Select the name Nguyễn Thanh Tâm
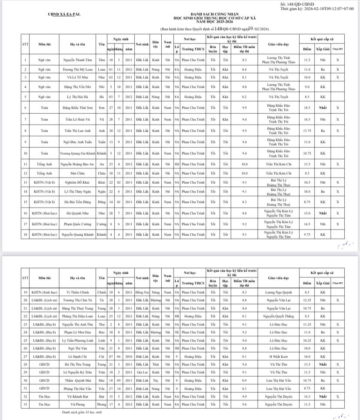point(78,60)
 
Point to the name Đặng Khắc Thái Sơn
point(78,107)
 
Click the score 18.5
point(307,107)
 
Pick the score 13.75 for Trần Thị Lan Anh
point(307,131)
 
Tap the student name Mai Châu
point(78,173)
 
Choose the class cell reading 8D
point(177,164)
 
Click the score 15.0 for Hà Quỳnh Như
point(307,213)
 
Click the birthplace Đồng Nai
point(142,292)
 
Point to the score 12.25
point(307,300)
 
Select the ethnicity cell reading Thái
point(156,364)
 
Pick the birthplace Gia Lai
point(142,372)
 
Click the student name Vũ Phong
point(78,404)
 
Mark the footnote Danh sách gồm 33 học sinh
point(84,413)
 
